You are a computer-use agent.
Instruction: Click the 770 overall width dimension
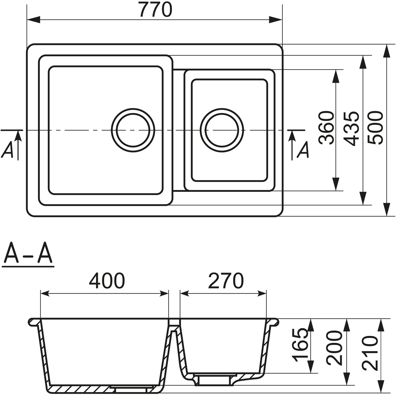click(156, 10)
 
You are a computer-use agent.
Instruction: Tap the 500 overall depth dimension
click(375, 128)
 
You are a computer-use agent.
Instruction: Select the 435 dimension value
click(352, 129)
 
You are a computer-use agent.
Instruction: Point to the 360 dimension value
click(326, 128)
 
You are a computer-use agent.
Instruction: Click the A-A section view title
click(27, 254)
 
